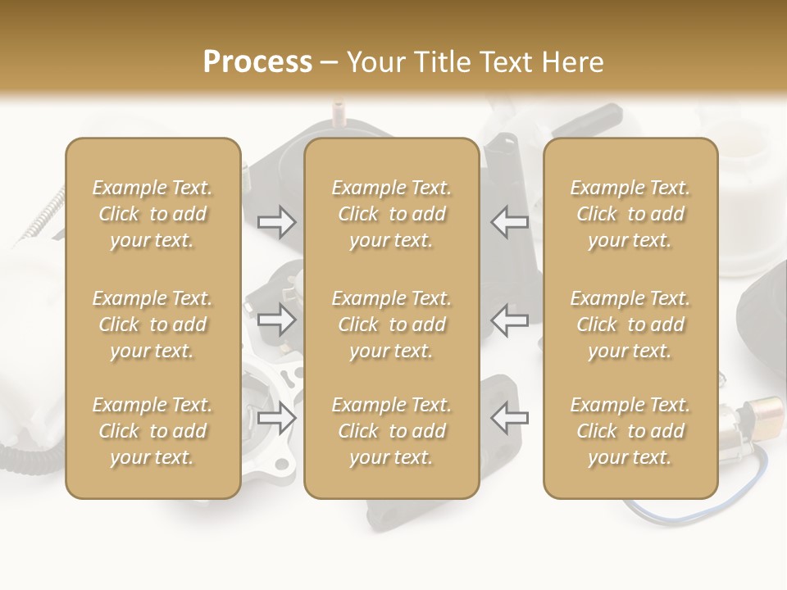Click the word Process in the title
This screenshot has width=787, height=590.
(x=257, y=62)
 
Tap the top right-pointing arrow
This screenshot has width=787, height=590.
(x=276, y=222)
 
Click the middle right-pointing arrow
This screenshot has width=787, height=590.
(x=276, y=320)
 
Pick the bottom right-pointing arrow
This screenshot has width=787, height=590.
(x=276, y=418)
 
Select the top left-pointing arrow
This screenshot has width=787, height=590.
(x=510, y=222)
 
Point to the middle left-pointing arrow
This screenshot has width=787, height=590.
(x=510, y=320)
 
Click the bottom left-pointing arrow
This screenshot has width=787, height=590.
(x=510, y=418)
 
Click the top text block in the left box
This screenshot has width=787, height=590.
(x=152, y=214)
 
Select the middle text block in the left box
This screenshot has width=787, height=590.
(x=152, y=324)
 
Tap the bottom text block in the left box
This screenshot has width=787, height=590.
(x=152, y=431)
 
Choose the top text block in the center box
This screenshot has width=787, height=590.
(x=392, y=214)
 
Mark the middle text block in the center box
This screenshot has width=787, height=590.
(x=392, y=324)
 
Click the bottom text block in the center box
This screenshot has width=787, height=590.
(x=392, y=431)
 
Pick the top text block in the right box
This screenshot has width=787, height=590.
(x=630, y=214)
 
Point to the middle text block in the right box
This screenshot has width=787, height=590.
(x=630, y=324)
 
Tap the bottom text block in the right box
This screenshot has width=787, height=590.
(x=630, y=431)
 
